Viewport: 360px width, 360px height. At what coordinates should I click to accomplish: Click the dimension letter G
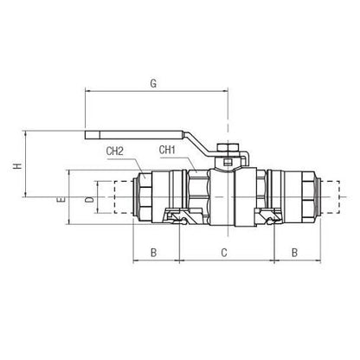point(153,84)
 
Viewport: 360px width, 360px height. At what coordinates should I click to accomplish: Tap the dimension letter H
point(18,166)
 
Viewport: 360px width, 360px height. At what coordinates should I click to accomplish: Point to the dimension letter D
point(90,200)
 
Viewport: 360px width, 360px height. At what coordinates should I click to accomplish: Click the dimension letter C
point(224,253)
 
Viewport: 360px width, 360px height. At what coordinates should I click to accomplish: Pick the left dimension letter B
point(153,253)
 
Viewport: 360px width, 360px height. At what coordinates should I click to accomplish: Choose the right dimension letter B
point(294,253)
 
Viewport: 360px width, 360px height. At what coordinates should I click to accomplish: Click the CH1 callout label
point(167,150)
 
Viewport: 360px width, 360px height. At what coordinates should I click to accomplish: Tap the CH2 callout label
point(115,151)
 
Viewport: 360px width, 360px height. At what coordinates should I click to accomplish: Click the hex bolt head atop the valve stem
point(228,147)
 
